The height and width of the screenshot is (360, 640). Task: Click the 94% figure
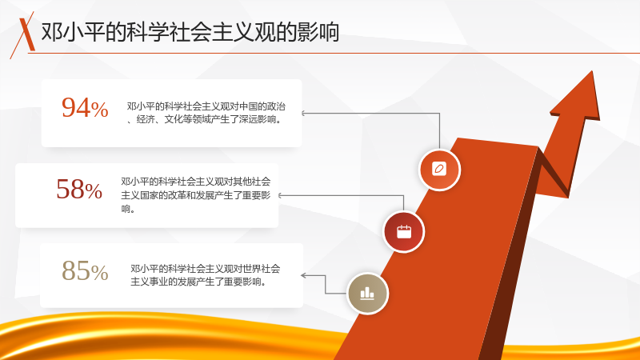tap(85, 108)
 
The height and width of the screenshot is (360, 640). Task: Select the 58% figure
tap(79, 190)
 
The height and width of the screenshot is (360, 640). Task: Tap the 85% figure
tap(85, 270)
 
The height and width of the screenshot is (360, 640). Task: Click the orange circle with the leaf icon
tap(439, 170)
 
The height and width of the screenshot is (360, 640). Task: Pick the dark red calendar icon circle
tap(404, 232)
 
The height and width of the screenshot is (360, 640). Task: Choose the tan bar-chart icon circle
tap(367, 293)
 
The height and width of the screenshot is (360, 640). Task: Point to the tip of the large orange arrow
tap(591, 71)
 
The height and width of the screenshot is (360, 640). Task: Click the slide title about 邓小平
tap(190, 32)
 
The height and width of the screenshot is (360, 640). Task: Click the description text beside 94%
tap(206, 113)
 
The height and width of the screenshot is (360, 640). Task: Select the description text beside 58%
tap(195, 195)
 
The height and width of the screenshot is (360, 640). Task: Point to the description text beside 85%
tap(206, 275)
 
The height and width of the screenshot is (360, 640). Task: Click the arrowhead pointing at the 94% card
tap(303, 113)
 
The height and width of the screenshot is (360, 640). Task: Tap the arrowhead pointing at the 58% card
tap(281, 195)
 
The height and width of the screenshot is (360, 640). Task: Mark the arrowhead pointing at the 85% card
tap(304, 275)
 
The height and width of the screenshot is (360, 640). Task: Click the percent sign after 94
tap(100, 110)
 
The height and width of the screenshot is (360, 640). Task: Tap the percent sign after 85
tap(100, 273)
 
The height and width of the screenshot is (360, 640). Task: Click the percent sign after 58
tap(94, 191)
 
